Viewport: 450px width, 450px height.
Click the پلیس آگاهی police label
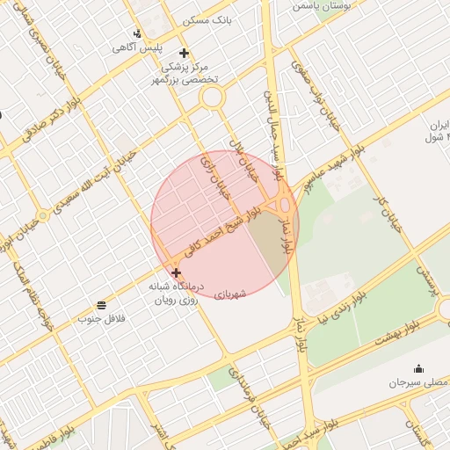pos(130,47)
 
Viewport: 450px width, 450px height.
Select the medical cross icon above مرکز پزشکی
pos(183,52)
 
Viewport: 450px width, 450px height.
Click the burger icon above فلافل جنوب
pos(103,304)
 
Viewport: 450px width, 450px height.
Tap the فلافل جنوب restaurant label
pos(103,317)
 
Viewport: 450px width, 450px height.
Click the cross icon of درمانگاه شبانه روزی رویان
pos(176,273)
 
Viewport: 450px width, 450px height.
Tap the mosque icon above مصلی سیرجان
pos(418,369)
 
